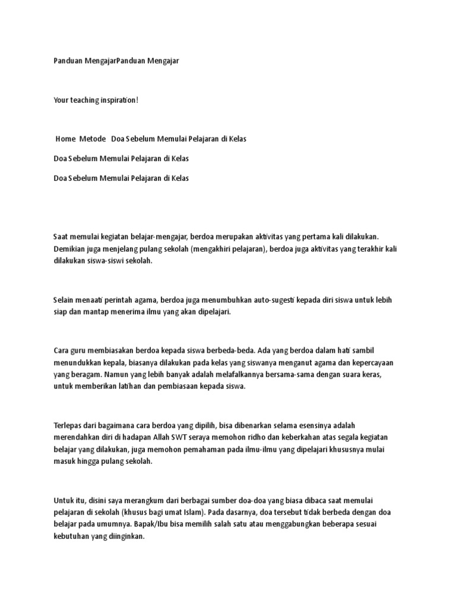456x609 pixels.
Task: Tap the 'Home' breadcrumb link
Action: (x=66, y=139)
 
